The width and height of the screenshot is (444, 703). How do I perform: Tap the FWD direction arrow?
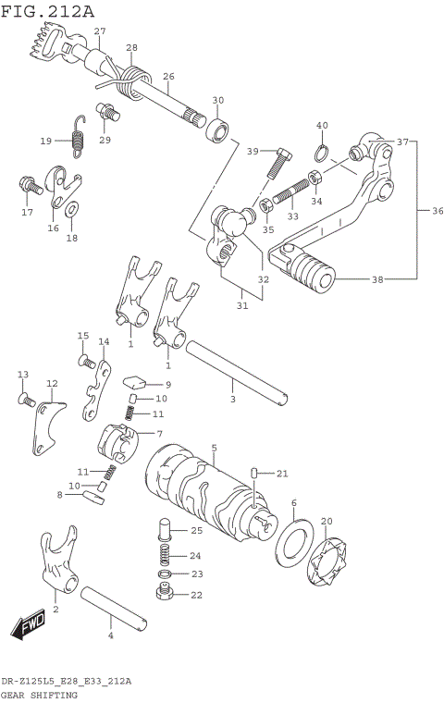[x=29, y=628]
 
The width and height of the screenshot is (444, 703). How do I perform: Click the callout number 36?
[x=437, y=210]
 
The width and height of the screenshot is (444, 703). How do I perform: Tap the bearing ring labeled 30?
[x=218, y=129]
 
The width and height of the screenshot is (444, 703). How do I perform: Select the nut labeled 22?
[x=164, y=593]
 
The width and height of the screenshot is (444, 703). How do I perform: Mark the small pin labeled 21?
[x=254, y=474]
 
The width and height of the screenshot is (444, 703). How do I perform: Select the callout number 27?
[x=99, y=31]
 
